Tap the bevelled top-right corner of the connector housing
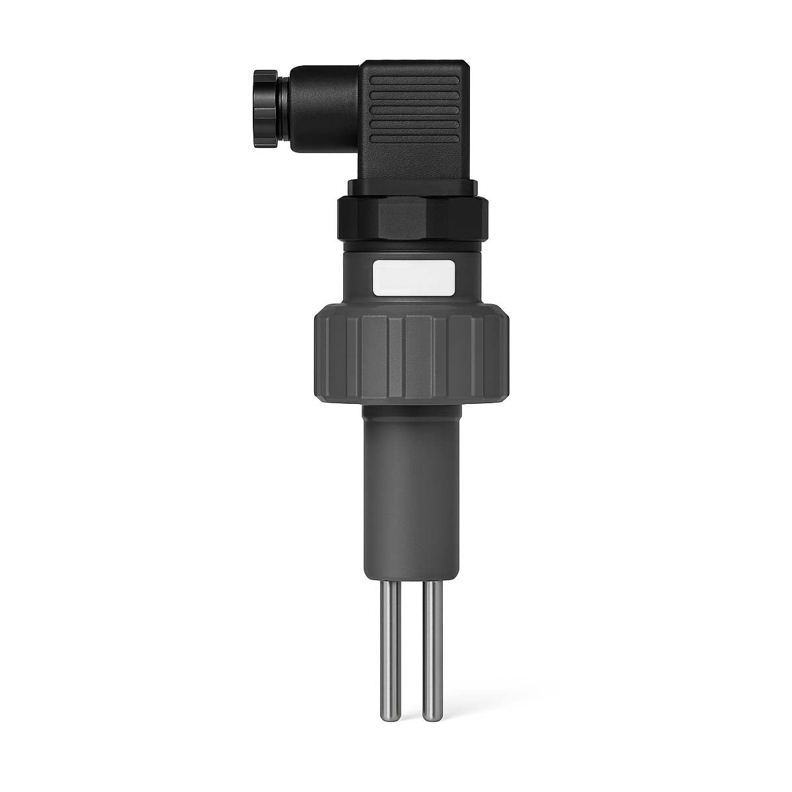click(469, 66)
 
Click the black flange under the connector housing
click(414, 189)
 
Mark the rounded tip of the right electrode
click(433, 715)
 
